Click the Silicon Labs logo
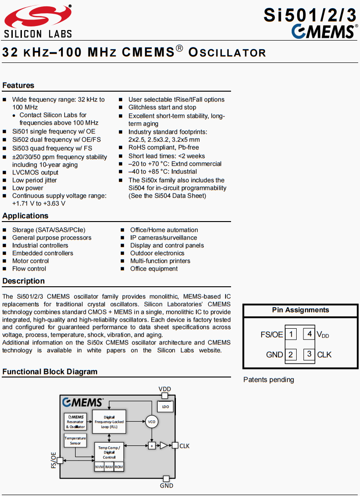(x=38, y=21)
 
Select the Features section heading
(x=18, y=85)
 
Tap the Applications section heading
(x=25, y=216)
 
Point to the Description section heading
(x=23, y=281)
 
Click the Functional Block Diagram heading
(x=50, y=372)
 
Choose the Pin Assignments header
(x=300, y=310)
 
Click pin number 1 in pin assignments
(x=291, y=334)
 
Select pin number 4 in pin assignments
(x=309, y=334)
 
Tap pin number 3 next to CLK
(x=309, y=354)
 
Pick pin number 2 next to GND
(x=291, y=354)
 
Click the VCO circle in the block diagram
(x=152, y=422)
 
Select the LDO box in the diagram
(x=165, y=406)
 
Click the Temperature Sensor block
(x=75, y=440)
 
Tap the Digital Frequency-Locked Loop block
(x=109, y=422)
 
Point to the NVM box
(x=99, y=467)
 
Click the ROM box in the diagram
(x=118, y=467)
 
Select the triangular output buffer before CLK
(x=164, y=445)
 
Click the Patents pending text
(x=268, y=380)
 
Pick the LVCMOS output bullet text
(x=35, y=172)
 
